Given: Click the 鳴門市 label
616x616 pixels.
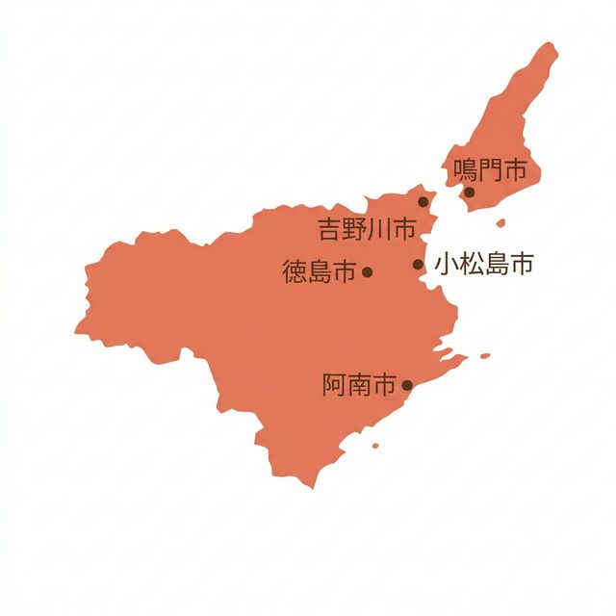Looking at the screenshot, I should (x=491, y=171).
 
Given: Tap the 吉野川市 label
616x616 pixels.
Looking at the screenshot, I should (x=367, y=230).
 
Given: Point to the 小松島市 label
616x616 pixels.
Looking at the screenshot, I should (x=483, y=264).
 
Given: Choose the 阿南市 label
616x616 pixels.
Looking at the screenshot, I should (x=359, y=386).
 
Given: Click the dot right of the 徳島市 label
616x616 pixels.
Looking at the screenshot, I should (x=367, y=272).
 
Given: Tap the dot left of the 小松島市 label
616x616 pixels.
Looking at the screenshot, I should (x=419, y=264).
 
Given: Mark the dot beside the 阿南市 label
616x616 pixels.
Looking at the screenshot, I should (x=406, y=386).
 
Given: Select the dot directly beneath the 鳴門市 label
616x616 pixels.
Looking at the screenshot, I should (x=470, y=192).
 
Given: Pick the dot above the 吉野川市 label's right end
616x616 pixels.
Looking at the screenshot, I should (x=423, y=201).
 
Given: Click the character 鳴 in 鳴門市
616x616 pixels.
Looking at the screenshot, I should (x=466, y=171).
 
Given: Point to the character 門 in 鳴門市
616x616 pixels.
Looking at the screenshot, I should (x=491, y=171).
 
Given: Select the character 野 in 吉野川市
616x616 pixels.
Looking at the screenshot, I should (x=354, y=230).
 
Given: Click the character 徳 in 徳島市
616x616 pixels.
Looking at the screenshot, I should (x=295, y=272).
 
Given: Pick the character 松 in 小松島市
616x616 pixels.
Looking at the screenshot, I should (x=471, y=264).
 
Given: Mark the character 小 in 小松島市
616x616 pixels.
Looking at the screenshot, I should (x=446, y=264).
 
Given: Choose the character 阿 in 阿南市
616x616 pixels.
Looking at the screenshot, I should (x=334, y=386).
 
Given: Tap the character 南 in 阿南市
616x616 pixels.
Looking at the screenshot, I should (x=359, y=386).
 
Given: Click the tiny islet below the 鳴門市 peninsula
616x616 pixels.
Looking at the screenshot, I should (x=500, y=223).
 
